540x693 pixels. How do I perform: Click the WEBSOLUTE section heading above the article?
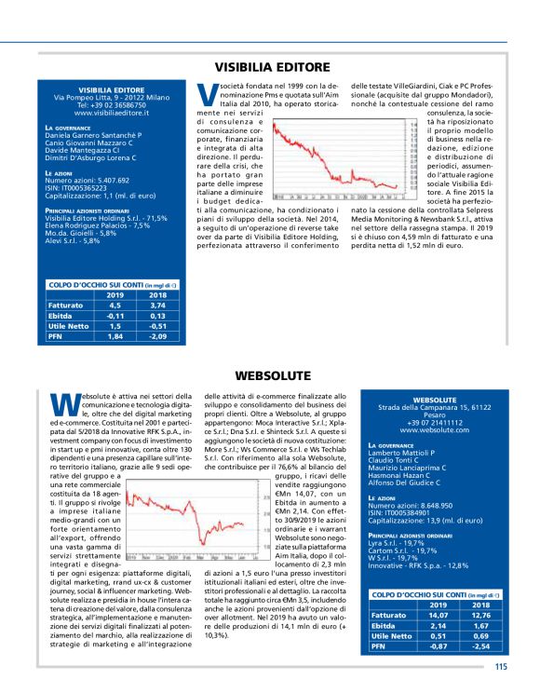[x=272, y=374]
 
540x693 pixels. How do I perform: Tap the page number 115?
[x=501, y=665]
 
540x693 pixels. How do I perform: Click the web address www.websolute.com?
[x=433, y=431]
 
